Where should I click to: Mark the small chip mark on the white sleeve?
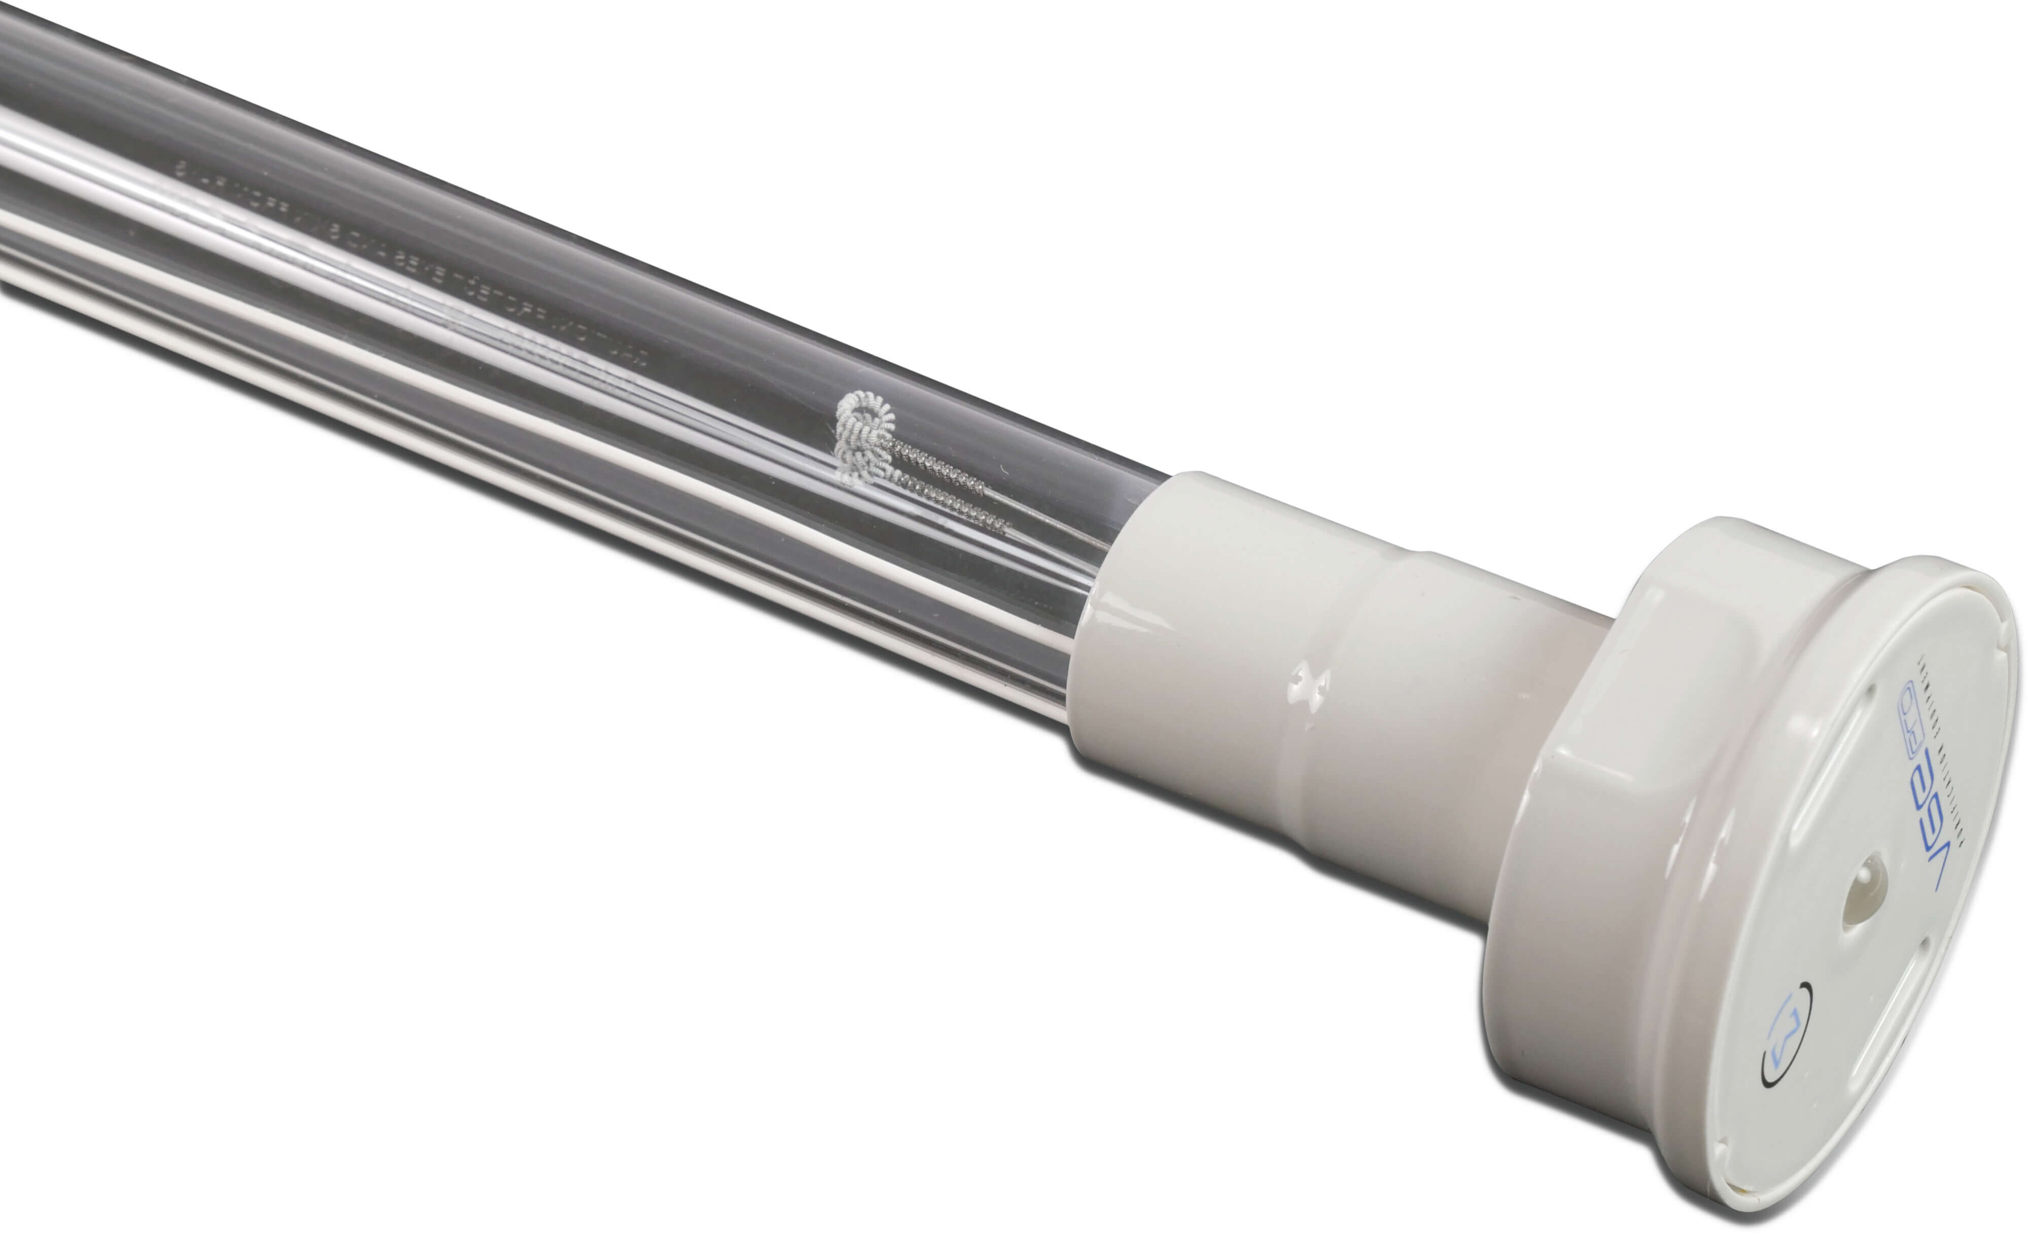(1309, 682)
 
